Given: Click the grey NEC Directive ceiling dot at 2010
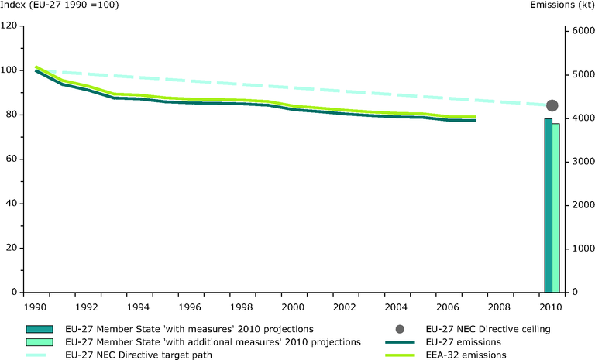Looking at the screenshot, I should click(552, 106).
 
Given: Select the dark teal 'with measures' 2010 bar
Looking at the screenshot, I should click(549, 205).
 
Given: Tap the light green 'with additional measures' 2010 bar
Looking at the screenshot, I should click(555, 207).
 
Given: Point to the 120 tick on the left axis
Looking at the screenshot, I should click(12, 26).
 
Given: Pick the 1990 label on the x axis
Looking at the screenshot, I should click(34, 307).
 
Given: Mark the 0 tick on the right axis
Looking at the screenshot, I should click(575, 293).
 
